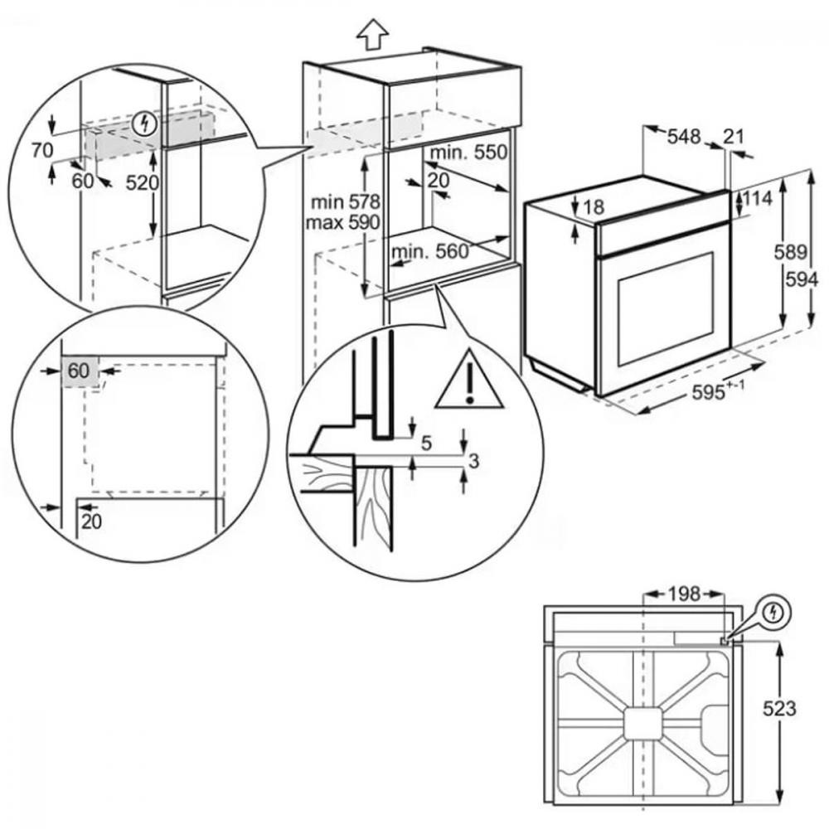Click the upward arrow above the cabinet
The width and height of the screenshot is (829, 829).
click(x=372, y=34)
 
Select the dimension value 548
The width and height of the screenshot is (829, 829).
click(x=684, y=137)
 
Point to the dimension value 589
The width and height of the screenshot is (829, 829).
click(x=791, y=252)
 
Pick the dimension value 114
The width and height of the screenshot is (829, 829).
click(x=757, y=198)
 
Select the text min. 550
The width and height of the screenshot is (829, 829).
click(x=468, y=153)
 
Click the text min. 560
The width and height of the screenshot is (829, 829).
click(x=429, y=252)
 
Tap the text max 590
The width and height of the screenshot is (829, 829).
click(x=342, y=222)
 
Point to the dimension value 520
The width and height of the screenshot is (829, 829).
click(x=143, y=183)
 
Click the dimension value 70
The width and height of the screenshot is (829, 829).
click(x=42, y=150)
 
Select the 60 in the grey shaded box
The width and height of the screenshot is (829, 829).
click(x=79, y=371)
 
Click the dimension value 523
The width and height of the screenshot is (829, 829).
click(x=778, y=708)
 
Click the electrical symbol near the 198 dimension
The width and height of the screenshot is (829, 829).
click(x=773, y=613)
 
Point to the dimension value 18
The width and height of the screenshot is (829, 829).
click(x=594, y=207)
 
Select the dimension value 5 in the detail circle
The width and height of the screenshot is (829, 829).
click(x=426, y=443)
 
